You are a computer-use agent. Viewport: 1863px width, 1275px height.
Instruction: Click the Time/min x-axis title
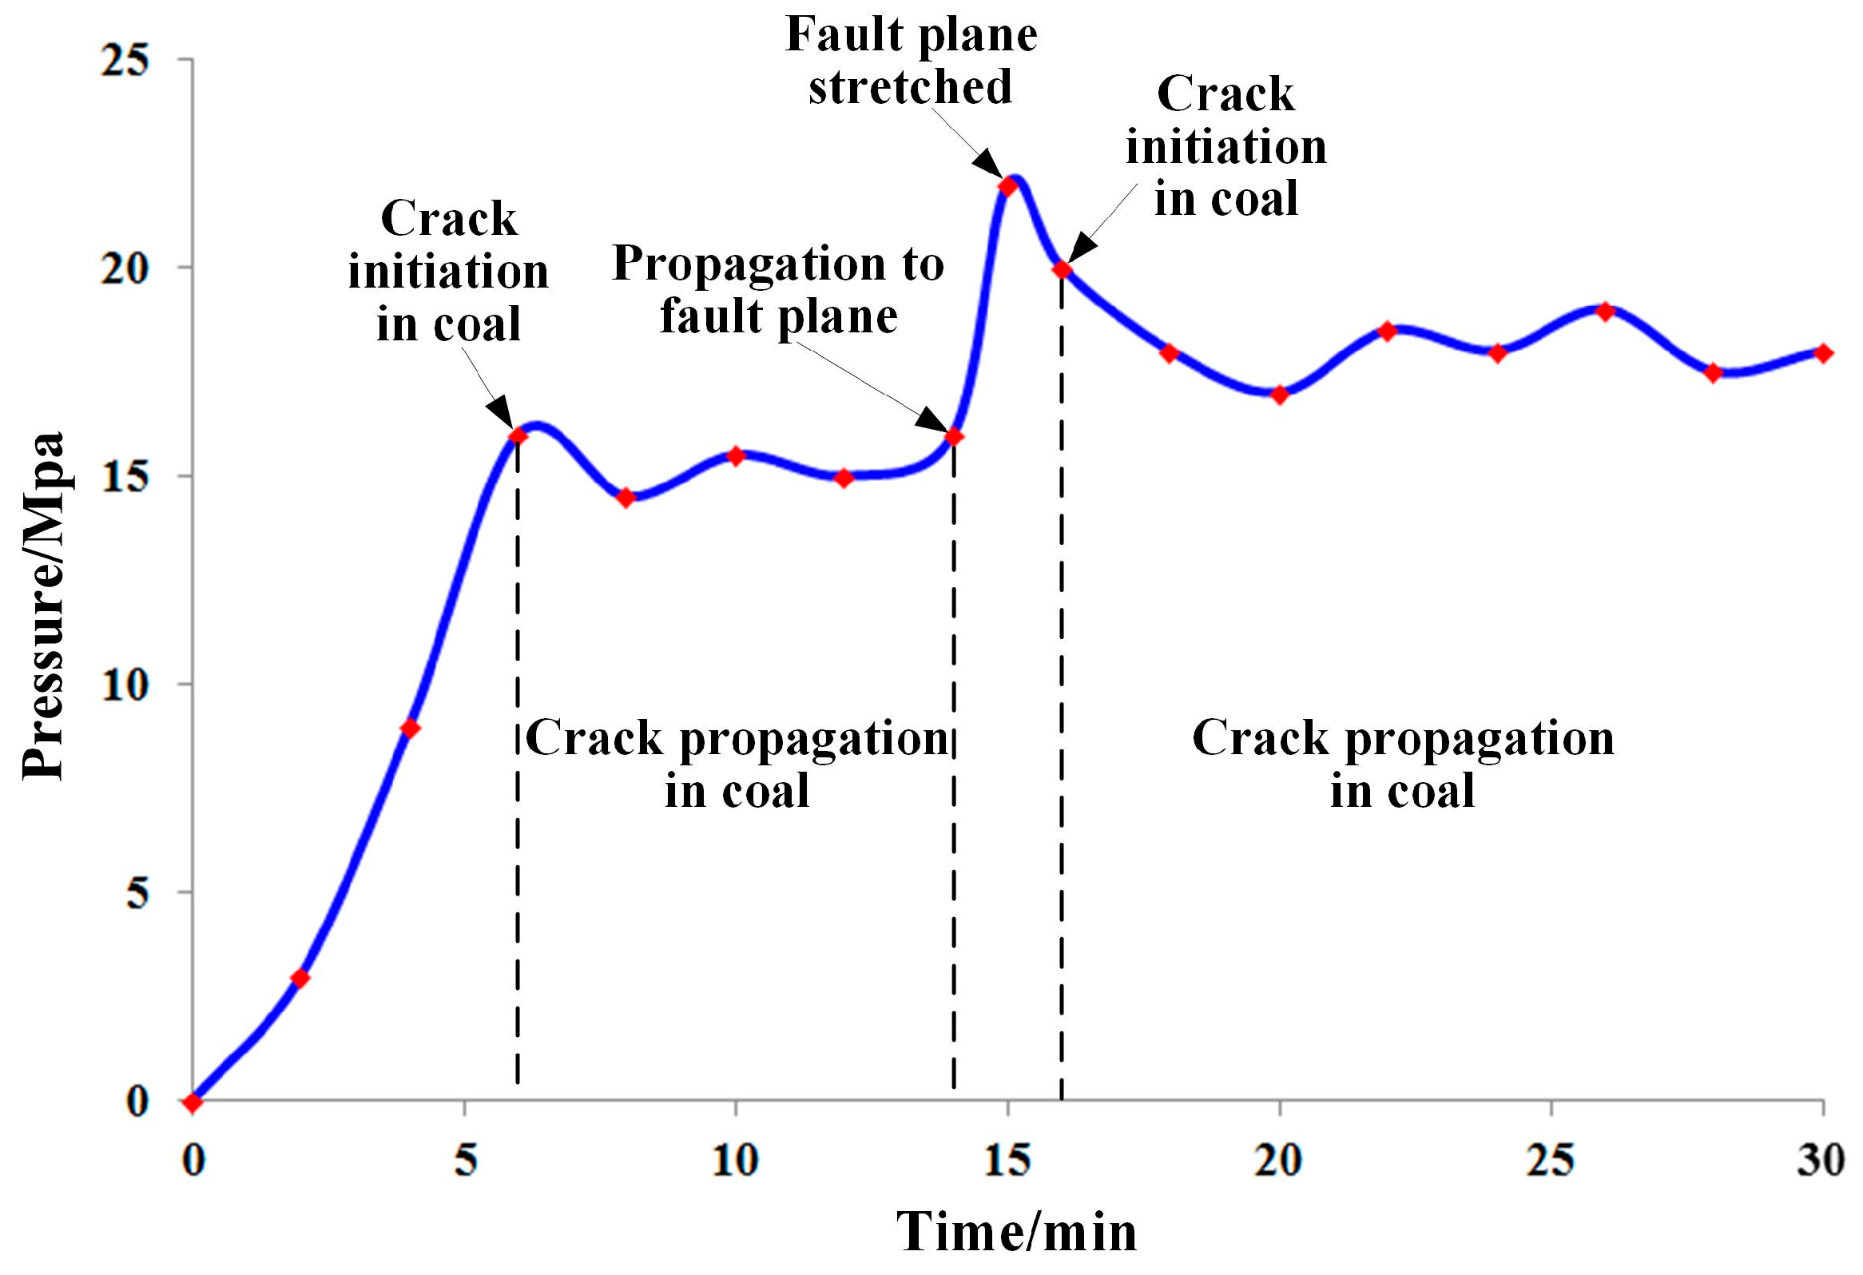coord(1015,1232)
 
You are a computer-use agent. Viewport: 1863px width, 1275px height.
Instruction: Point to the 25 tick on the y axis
coord(126,60)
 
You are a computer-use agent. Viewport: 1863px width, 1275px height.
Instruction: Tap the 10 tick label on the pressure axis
coord(126,685)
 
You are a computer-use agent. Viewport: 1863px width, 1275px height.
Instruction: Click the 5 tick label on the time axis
coord(466,1161)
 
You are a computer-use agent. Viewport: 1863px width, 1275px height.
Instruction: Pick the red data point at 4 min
coord(410,729)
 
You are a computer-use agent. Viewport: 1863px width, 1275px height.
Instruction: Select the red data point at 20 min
coord(1280,395)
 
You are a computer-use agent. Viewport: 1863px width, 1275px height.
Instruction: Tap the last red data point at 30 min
coord(1824,353)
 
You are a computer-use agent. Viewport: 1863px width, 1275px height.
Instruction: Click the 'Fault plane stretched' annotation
coord(911,61)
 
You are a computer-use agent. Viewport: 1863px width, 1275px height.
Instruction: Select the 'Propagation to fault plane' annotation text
coord(777,290)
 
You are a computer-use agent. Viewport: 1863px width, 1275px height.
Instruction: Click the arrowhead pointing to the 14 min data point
coord(935,422)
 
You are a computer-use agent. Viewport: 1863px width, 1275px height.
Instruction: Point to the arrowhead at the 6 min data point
coord(501,413)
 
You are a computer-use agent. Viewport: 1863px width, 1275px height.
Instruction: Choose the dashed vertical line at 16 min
coord(1063,721)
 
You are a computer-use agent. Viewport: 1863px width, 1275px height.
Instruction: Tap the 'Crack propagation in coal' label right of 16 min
coord(1403,763)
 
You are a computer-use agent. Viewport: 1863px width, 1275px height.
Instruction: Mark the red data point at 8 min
coord(627,498)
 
